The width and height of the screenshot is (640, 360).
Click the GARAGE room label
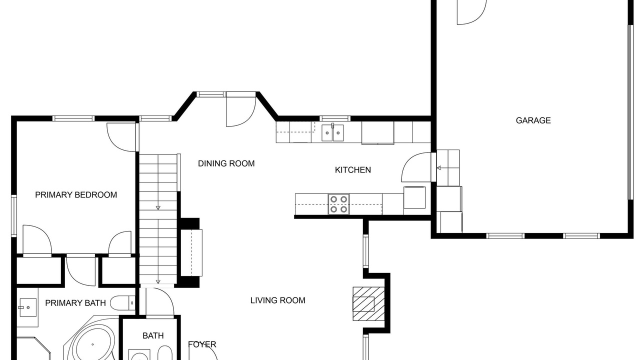pos(533,120)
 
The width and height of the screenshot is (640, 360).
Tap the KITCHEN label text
pos(353,170)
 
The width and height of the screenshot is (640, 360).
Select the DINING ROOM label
pos(226,163)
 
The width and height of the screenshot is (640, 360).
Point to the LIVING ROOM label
pos(277,300)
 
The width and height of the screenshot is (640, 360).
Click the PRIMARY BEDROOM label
pos(76,195)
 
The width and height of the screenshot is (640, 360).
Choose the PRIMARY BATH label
pos(75,303)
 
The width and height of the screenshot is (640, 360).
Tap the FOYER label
pos(202,344)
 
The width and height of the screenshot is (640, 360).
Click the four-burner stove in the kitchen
pos(338,204)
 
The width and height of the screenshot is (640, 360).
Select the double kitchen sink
pos(332,133)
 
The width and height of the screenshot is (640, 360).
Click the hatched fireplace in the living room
pos(368,304)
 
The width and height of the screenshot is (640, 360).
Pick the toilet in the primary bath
pos(123,303)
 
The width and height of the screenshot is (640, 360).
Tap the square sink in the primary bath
pos(28,307)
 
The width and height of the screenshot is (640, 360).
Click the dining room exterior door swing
pos(241,111)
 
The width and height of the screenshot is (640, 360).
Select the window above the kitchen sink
pos(335,118)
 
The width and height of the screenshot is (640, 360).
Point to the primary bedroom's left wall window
pos(13,215)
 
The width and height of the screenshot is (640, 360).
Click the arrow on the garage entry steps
pos(439,167)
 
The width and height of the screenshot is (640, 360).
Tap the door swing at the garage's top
pos(471,12)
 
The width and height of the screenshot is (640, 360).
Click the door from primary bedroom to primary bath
pos(80,271)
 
